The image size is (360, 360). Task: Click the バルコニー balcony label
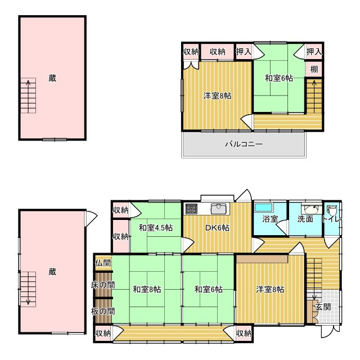pyautogui.click(x=244, y=144)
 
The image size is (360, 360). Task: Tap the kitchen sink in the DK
pyautogui.click(x=220, y=209)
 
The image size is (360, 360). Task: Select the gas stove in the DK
pyautogui.click(x=191, y=209)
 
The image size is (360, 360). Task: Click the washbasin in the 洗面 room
pyautogui.click(x=312, y=209)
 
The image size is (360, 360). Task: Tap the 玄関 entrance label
pyautogui.click(x=323, y=307)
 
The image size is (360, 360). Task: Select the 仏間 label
pyautogui.click(x=103, y=263)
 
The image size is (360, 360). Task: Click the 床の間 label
pyautogui.click(x=103, y=285)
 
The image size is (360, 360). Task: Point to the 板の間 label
pyautogui.click(x=103, y=312)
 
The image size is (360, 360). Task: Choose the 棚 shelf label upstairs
pyautogui.click(x=314, y=69)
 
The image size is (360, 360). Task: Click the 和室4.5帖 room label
pyautogui.click(x=156, y=228)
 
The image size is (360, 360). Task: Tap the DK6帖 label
pyautogui.click(x=217, y=228)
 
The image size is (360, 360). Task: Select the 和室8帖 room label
pyautogui.click(x=147, y=289)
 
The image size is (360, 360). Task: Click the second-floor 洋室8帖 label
pyautogui.click(x=217, y=96)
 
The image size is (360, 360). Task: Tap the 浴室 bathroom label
pyautogui.click(x=270, y=219)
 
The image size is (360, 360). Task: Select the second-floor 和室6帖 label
pyautogui.click(x=279, y=78)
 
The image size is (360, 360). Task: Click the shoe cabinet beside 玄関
pyautogui.click(x=312, y=311)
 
